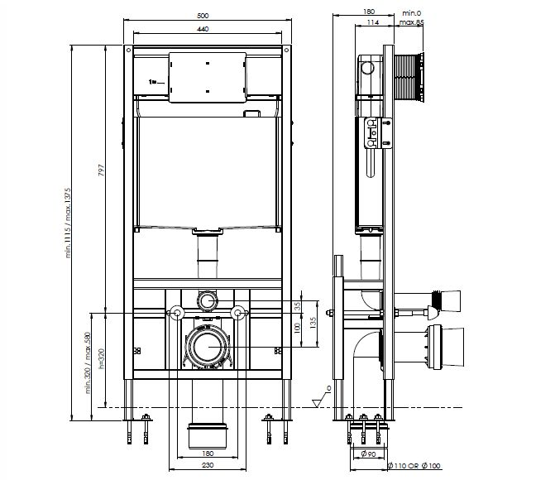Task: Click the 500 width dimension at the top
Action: [x=203, y=16]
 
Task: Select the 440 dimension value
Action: [x=203, y=29]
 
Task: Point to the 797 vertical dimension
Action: [x=102, y=170]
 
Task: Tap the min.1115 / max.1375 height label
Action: [x=68, y=223]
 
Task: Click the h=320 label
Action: [x=102, y=359]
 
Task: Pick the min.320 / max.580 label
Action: [x=88, y=362]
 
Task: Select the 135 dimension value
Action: [x=313, y=323]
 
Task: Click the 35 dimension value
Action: [x=298, y=305]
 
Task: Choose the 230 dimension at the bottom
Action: [x=208, y=465]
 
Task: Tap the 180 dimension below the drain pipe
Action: [x=208, y=453]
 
